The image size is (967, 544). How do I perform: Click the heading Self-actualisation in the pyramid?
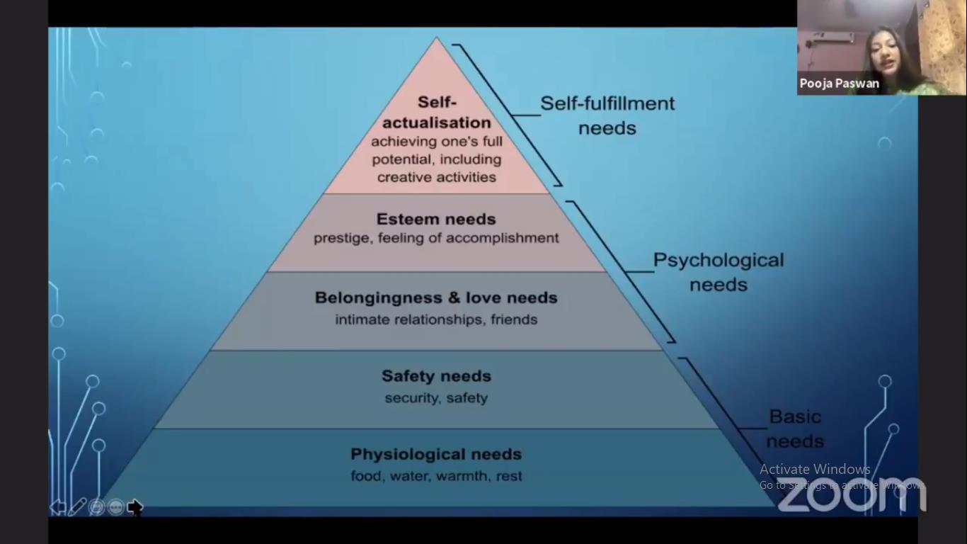click(x=436, y=113)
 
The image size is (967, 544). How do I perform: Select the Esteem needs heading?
click(x=436, y=219)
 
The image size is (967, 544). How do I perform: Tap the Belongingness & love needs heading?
click(x=436, y=297)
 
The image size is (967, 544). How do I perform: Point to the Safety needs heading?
click(x=436, y=376)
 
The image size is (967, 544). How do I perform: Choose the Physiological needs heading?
click(x=436, y=454)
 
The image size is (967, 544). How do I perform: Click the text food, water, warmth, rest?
click(x=436, y=476)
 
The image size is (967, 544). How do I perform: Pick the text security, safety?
click(x=436, y=398)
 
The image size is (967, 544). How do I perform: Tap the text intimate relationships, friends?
click(x=436, y=319)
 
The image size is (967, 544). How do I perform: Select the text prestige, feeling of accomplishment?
click(x=436, y=238)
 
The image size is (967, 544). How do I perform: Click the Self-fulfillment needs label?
click(x=607, y=115)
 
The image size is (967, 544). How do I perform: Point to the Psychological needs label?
click(x=718, y=272)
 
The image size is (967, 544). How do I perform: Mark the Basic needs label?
click(x=795, y=429)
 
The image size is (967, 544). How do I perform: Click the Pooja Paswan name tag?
click(x=839, y=84)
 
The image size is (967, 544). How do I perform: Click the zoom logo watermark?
click(x=852, y=494)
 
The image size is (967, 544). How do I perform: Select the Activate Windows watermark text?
click(x=815, y=469)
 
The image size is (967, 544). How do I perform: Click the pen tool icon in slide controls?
click(x=77, y=506)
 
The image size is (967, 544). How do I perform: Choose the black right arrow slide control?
click(x=135, y=507)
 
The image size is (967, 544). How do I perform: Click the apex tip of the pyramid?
click(x=437, y=39)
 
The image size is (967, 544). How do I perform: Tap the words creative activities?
click(x=436, y=177)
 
